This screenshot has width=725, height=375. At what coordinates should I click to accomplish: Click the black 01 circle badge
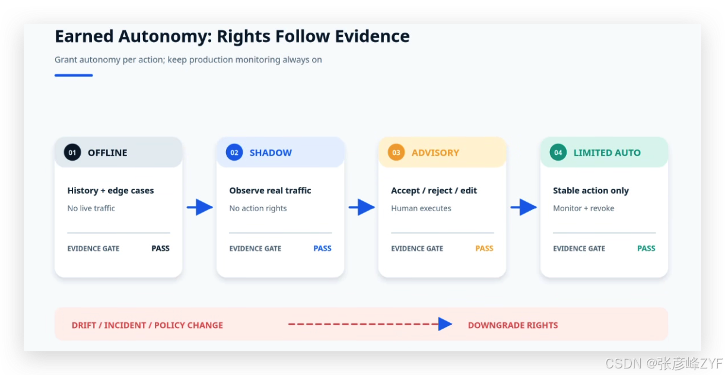pyautogui.click(x=72, y=152)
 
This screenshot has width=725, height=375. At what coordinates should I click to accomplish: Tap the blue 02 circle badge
pyautogui.click(x=234, y=152)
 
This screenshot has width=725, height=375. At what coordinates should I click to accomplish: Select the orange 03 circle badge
pyautogui.click(x=396, y=152)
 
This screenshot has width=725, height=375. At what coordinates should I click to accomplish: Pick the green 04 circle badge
pyautogui.click(x=558, y=152)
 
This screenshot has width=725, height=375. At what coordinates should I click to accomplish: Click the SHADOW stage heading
pyautogui.click(x=271, y=152)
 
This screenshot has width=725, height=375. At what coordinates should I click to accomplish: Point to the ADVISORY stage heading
pyautogui.click(x=435, y=152)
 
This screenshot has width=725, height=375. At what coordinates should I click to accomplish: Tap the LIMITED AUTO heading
pyautogui.click(x=607, y=152)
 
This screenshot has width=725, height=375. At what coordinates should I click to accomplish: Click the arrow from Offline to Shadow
pyautogui.click(x=200, y=207)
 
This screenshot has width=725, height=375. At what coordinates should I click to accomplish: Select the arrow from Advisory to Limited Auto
pyautogui.click(x=524, y=207)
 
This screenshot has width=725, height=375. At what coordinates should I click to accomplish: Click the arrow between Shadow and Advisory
pyautogui.click(x=361, y=207)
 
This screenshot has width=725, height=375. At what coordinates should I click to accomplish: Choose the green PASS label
pyautogui.click(x=646, y=249)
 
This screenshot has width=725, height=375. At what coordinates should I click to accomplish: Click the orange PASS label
pyautogui.click(x=484, y=249)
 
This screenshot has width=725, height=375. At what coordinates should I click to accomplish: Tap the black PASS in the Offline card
pyautogui.click(x=161, y=249)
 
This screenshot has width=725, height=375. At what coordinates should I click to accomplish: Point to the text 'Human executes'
pyautogui.click(x=421, y=208)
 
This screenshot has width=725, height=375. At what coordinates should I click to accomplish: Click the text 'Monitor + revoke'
pyautogui.click(x=584, y=208)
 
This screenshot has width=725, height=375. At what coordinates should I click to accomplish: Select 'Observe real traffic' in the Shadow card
pyautogui.click(x=271, y=190)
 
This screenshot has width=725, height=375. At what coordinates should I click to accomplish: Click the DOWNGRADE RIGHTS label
pyautogui.click(x=513, y=325)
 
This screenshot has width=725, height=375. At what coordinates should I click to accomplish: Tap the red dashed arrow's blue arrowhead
pyautogui.click(x=445, y=324)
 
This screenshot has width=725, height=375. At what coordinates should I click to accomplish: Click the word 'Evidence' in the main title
pyautogui.click(x=372, y=36)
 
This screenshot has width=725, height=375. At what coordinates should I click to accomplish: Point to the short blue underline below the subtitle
pyautogui.click(x=74, y=75)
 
